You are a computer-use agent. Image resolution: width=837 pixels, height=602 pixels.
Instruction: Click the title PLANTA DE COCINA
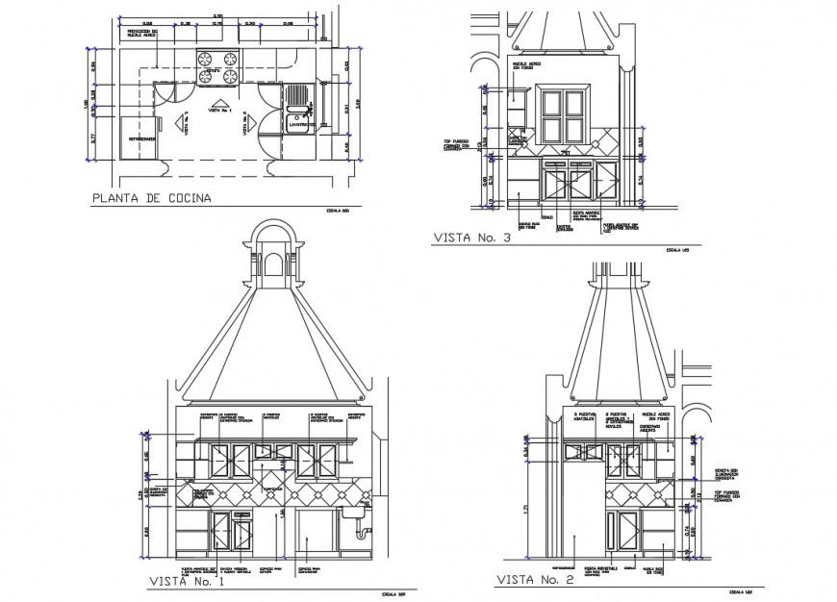pyautogui.click(x=150, y=200)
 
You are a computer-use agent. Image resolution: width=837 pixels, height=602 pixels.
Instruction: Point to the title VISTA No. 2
pyautogui.click(x=534, y=580)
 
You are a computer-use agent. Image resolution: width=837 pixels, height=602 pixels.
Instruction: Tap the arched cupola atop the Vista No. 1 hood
pyautogui.click(x=276, y=259)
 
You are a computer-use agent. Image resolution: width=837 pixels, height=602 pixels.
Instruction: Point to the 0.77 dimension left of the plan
pyautogui.click(x=92, y=138)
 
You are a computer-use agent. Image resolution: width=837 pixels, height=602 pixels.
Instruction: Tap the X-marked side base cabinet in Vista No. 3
pyautogui.click(x=606, y=178)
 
